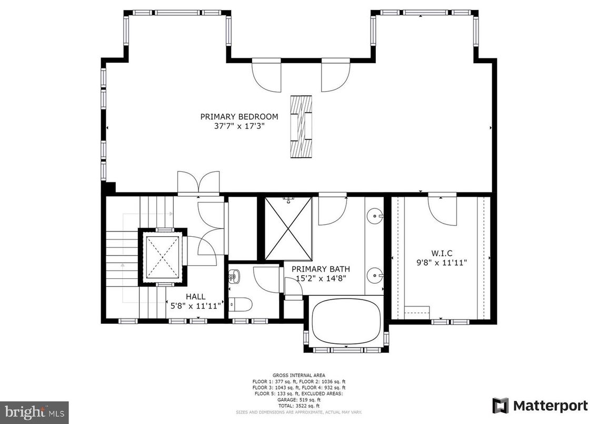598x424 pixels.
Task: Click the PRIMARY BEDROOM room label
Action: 239,117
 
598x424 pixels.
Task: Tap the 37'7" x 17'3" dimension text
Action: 239,126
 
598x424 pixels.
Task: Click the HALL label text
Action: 195,296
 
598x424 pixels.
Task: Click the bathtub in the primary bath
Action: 346,322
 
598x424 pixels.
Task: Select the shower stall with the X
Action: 288,229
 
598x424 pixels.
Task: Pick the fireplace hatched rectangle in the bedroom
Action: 301,127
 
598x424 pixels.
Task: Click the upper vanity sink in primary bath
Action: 374,215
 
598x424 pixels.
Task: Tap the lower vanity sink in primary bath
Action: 374,274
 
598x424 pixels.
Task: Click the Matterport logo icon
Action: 501,406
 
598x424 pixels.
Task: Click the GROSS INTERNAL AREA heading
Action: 299,375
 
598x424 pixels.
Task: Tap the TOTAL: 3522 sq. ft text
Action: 299,406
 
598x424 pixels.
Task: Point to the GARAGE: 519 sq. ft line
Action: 299,399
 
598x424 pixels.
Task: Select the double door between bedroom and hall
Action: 198,182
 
